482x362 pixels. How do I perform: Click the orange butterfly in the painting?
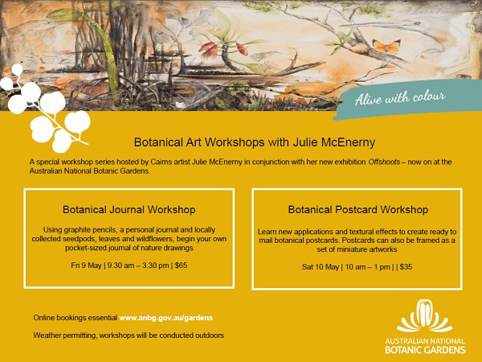[x=386, y=47]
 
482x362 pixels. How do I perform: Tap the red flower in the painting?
[x=209, y=50]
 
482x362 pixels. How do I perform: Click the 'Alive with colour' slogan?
[x=400, y=97]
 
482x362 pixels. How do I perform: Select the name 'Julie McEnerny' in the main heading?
[x=334, y=142]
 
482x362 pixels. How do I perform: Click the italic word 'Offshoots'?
[x=384, y=162]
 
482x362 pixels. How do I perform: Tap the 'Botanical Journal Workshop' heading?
[x=129, y=210]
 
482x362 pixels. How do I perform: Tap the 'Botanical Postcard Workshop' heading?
[x=358, y=210]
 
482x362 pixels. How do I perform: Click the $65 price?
[x=181, y=265]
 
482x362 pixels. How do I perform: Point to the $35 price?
[x=406, y=267]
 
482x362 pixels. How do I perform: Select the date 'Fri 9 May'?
[x=86, y=265]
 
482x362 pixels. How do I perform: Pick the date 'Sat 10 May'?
[x=321, y=267]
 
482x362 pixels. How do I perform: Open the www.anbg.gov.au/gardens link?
[x=166, y=318]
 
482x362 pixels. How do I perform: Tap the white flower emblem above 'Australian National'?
[x=425, y=316]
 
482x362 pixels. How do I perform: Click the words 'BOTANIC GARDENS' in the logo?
[x=426, y=350]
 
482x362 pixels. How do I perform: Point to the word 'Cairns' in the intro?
[x=161, y=162]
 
